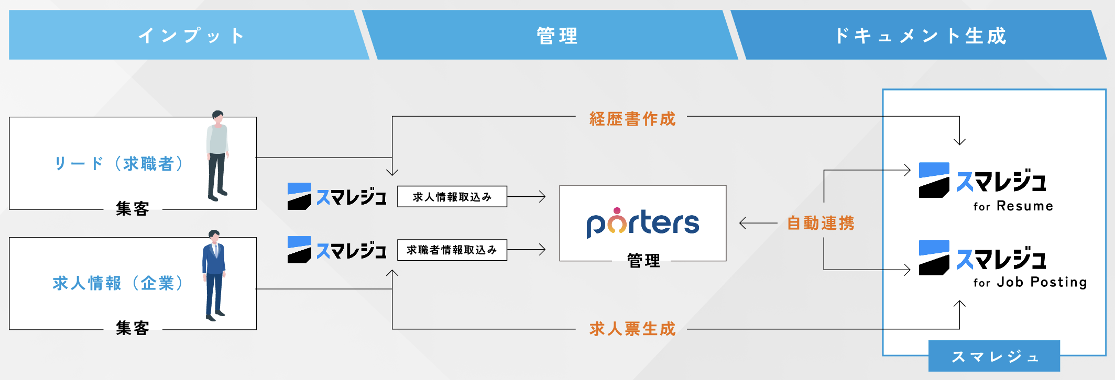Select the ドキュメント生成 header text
pyautogui.click(x=920, y=36)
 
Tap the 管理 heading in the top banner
pyautogui.click(x=557, y=36)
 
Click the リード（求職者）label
pyautogui.click(x=119, y=164)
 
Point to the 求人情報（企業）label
pyautogui.click(x=118, y=283)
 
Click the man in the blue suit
pyautogui.click(x=214, y=275)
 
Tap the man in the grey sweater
pyautogui.click(x=217, y=155)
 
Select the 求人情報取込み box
pyautogui.click(x=452, y=197)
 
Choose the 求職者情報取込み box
pyautogui.click(x=452, y=250)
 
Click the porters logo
pyautogui.click(x=643, y=223)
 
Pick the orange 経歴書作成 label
pyautogui.click(x=632, y=119)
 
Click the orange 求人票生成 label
pyautogui.click(x=632, y=329)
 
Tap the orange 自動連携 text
pyautogui.click(x=821, y=223)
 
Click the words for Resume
pyautogui.click(x=1013, y=206)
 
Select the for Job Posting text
pyautogui.click(x=1030, y=283)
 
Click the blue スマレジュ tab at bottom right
pyautogui.click(x=993, y=356)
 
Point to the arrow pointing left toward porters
pyautogui.click(x=757, y=223)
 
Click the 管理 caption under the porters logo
pyautogui.click(x=643, y=260)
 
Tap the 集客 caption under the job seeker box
pyautogui.click(x=133, y=209)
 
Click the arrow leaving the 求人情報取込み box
pyautogui.click(x=527, y=197)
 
